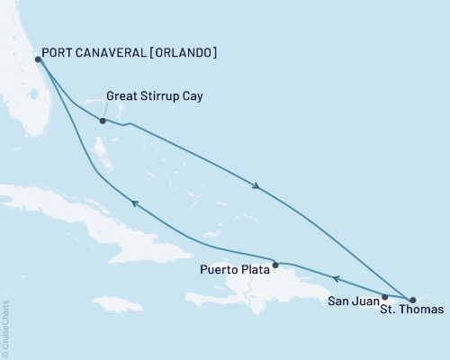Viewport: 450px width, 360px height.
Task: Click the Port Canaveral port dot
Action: click(37, 59)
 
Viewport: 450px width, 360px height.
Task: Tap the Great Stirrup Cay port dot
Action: click(103, 121)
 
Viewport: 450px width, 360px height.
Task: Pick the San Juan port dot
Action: click(385, 296)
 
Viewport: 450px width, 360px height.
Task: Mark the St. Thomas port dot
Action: click(413, 299)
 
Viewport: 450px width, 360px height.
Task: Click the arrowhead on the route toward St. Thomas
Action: click(258, 186)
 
